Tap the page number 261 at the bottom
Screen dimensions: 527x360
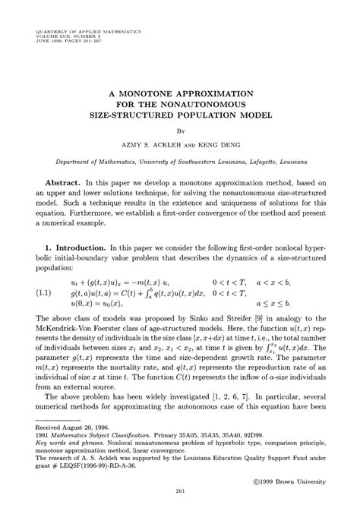[180, 513]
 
